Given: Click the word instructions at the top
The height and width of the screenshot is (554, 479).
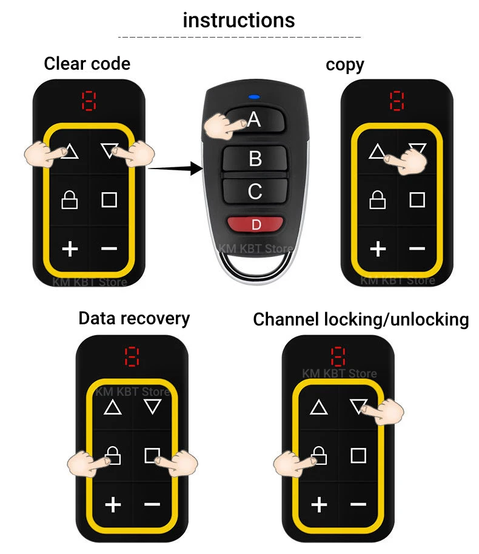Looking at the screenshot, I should [x=239, y=20].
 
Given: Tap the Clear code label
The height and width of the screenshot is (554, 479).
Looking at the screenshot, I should [x=87, y=63].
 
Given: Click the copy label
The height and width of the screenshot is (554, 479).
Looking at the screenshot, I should [x=344, y=64].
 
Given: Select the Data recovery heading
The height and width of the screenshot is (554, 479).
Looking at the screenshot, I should [x=134, y=318].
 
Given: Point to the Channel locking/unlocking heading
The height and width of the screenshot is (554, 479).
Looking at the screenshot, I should [x=361, y=319].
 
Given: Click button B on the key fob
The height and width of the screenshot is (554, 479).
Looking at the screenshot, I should [x=255, y=159].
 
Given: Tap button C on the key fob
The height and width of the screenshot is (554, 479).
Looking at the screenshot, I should [x=255, y=191].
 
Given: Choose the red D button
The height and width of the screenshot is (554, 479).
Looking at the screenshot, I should [x=256, y=225].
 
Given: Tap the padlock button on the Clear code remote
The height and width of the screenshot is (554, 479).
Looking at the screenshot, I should [x=70, y=199].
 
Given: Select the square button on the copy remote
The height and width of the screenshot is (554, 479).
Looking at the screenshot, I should [x=417, y=199].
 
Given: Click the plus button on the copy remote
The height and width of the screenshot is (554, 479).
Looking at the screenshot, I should [x=378, y=248].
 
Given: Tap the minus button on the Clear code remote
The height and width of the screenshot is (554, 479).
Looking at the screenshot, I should [x=109, y=248].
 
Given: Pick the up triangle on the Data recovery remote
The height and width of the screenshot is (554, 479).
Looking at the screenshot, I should [x=113, y=407].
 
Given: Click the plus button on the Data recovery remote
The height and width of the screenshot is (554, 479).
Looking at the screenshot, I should [x=113, y=504].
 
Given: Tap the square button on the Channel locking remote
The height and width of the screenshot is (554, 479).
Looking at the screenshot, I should [x=358, y=455].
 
